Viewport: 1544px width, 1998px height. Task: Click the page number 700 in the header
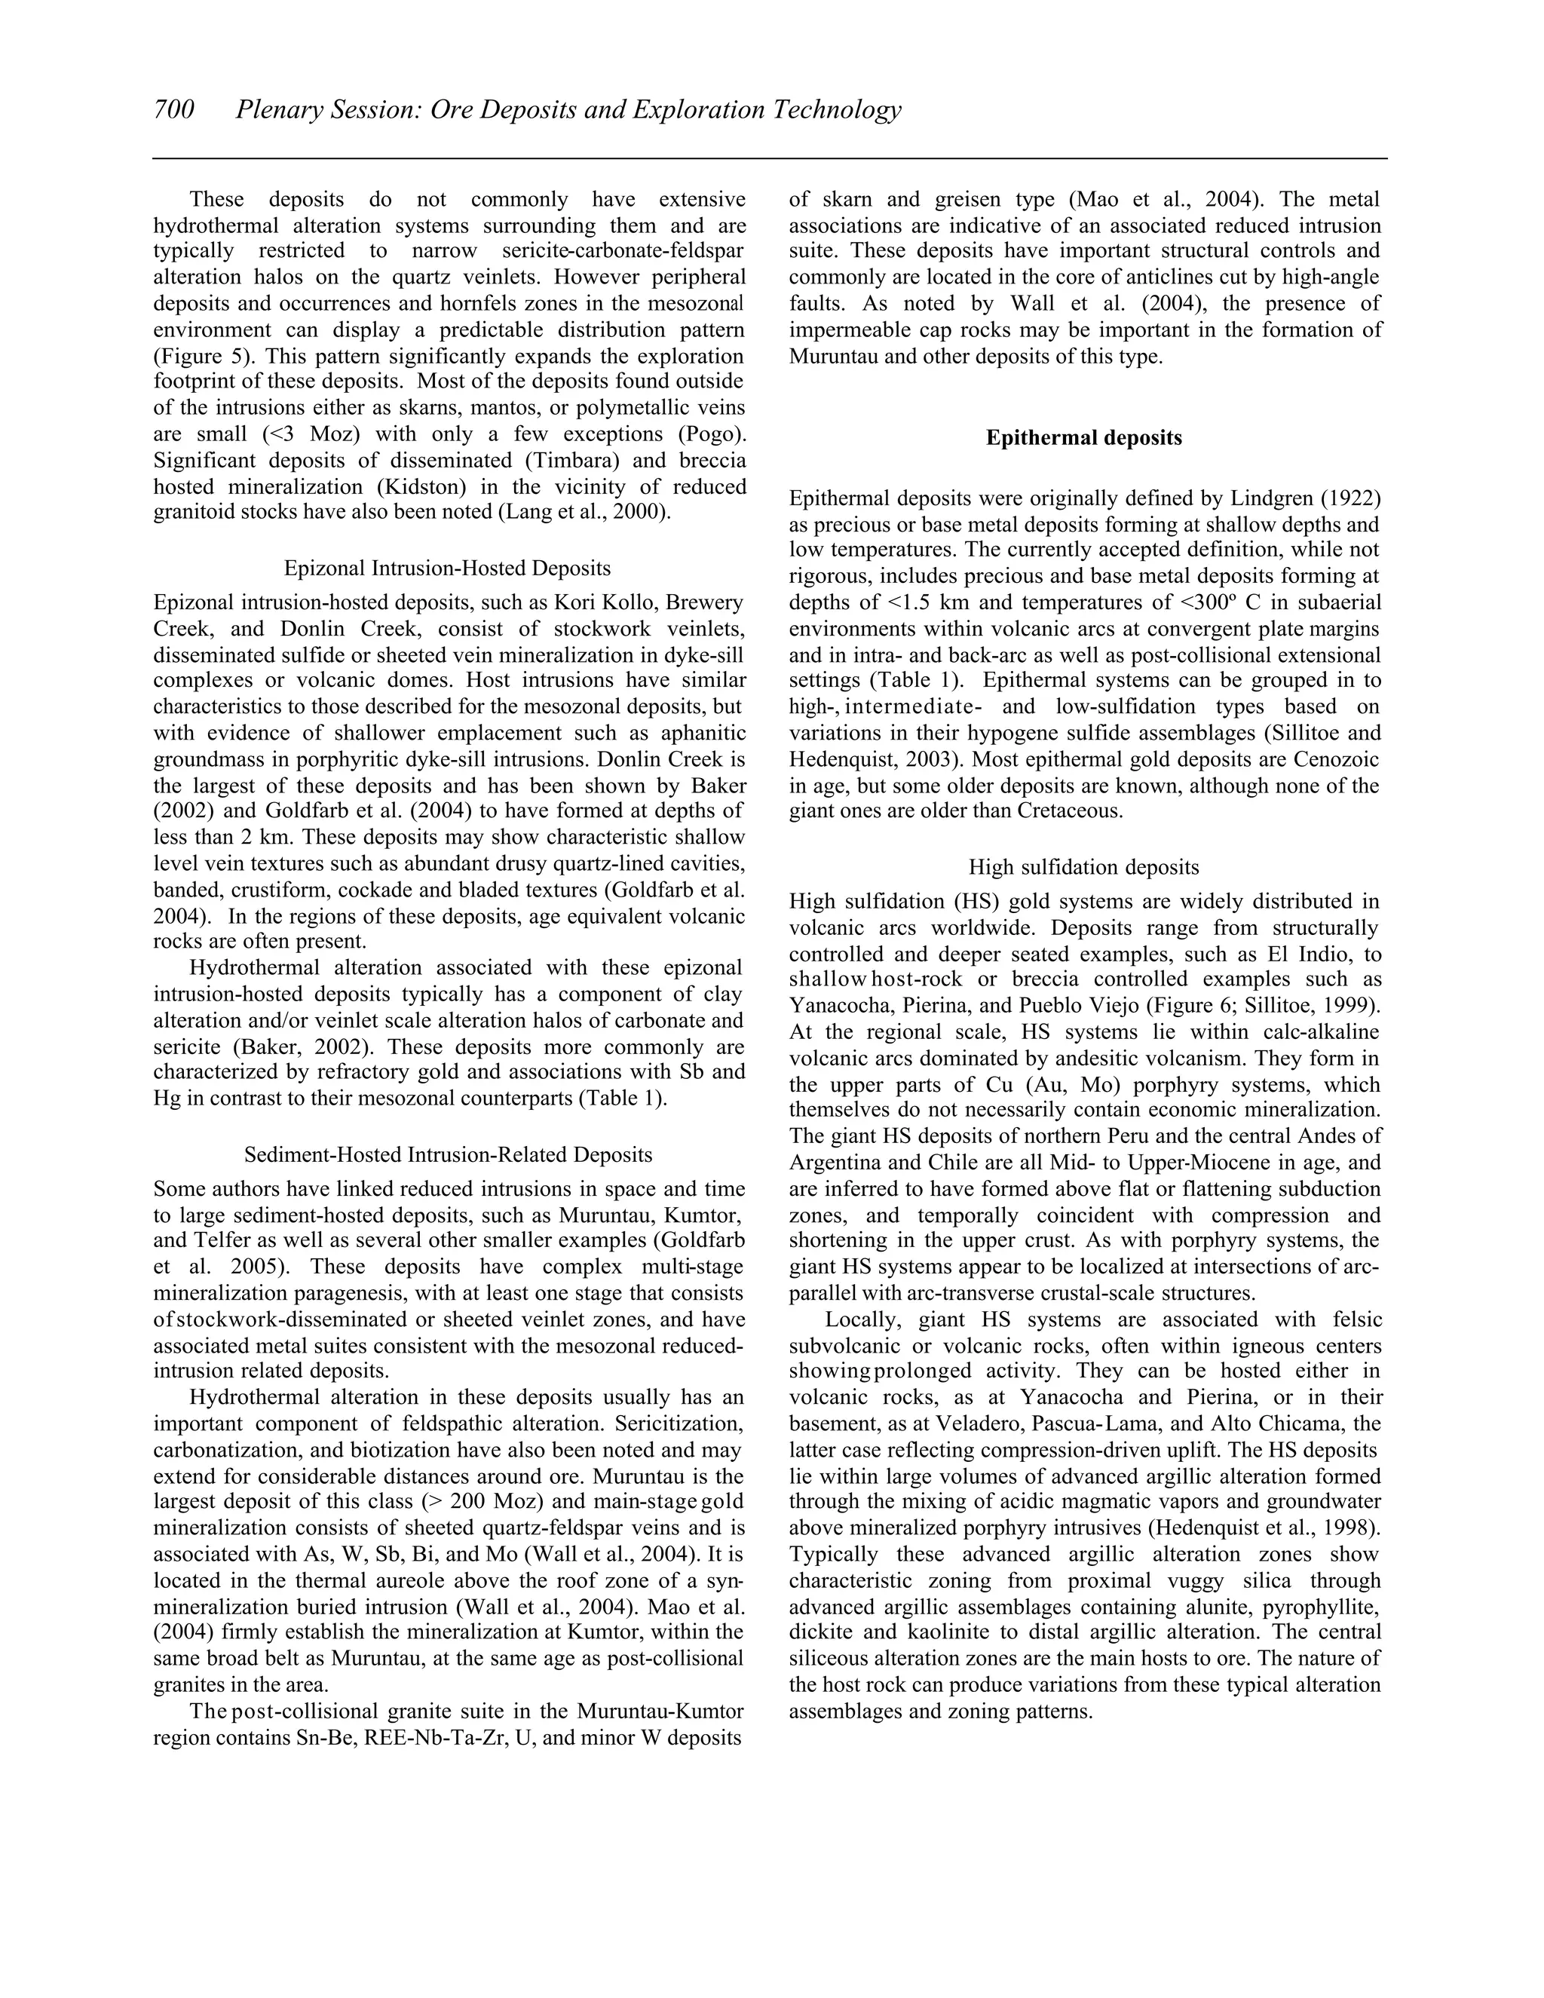click(x=174, y=110)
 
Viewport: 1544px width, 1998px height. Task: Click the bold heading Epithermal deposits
click(x=1084, y=438)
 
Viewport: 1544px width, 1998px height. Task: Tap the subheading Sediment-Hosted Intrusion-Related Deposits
click(x=449, y=1154)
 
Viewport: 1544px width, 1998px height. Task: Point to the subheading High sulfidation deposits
click(x=1084, y=866)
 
